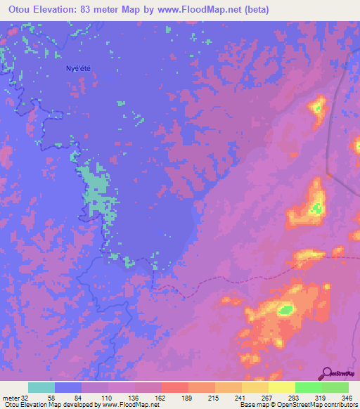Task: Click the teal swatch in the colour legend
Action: (x=41, y=387)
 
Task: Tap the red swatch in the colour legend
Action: (x=175, y=387)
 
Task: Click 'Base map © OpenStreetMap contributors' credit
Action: (x=298, y=405)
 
